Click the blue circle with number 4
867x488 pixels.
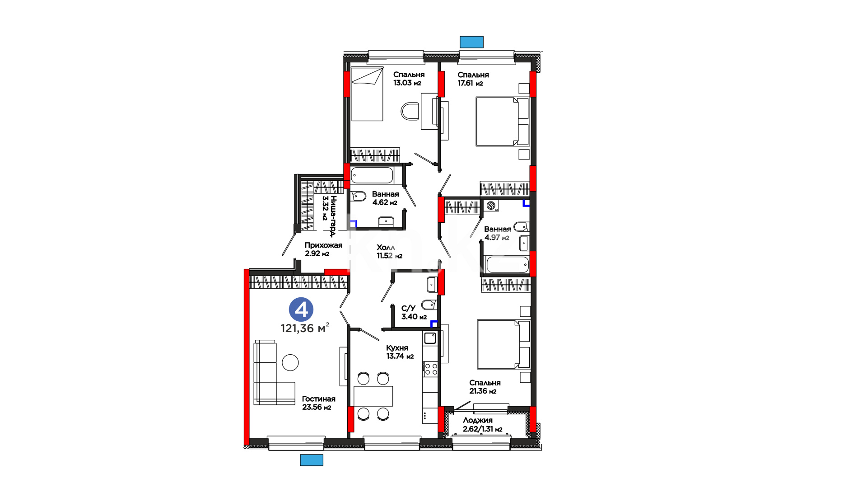click(301, 310)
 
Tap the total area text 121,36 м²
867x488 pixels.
click(305, 328)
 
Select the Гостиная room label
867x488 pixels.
click(319, 399)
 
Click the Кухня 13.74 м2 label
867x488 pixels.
click(400, 352)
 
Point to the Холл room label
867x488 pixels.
click(386, 248)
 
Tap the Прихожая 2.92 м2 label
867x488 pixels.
click(323, 249)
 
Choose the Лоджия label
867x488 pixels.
click(478, 420)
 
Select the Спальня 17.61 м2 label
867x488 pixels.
click(473, 79)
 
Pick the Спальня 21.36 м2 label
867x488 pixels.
click(485, 387)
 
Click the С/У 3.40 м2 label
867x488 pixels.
click(414, 312)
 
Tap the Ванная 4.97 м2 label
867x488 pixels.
click(497, 233)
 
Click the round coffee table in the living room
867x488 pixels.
click(290, 362)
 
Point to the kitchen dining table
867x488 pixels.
click(373, 396)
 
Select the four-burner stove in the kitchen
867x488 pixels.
click(431, 369)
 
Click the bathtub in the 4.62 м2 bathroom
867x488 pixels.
click(373, 176)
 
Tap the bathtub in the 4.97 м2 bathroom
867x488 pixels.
click(507, 265)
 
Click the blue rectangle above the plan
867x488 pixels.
click(471, 42)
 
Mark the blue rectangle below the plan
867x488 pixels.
click(312, 460)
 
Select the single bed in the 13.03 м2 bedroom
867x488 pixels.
click(367, 94)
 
